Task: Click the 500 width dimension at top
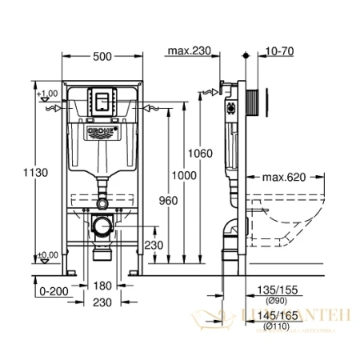101,56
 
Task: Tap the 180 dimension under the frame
101,286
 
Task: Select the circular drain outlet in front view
101,227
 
